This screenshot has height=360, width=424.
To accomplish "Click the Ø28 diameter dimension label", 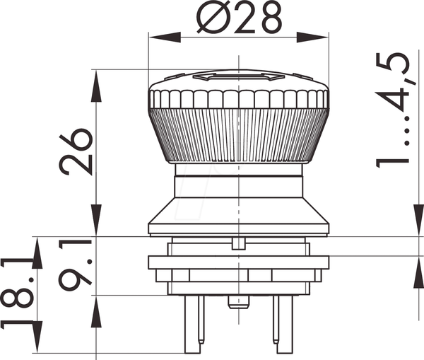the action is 240,17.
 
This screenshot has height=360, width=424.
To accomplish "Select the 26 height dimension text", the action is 76,151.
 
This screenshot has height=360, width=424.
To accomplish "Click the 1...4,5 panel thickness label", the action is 393,110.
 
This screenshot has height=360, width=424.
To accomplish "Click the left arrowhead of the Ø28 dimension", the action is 165,37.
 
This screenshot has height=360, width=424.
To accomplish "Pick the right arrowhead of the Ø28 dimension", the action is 312,37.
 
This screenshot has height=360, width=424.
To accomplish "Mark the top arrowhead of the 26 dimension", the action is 96,86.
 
